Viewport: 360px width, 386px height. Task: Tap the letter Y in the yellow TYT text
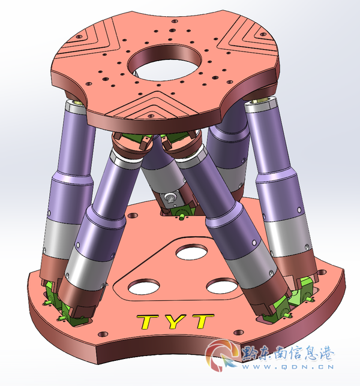pyautogui.click(x=175, y=321)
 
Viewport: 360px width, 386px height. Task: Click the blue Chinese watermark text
pyautogui.click(x=287, y=354)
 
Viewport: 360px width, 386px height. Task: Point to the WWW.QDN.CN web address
pyautogui.click(x=287, y=367)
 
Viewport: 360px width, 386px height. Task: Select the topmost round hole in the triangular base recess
pyautogui.click(x=191, y=252)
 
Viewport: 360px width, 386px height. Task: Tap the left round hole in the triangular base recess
pyautogui.click(x=143, y=287)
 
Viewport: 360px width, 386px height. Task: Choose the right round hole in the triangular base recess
pyautogui.click(x=222, y=286)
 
